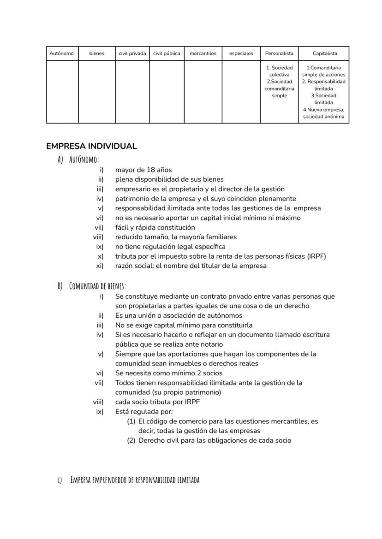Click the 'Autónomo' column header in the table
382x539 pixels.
[61, 53]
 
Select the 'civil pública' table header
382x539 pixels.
[167, 53]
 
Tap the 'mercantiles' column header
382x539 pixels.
[203, 53]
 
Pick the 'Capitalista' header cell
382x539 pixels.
[324, 53]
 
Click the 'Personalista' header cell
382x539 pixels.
[279, 53]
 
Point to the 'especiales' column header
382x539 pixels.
[241, 53]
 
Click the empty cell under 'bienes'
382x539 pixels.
[97, 92]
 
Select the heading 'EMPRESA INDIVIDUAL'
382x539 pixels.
[91, 146]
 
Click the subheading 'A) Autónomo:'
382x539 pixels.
[78, 159]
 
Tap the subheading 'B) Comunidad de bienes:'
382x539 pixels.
[92, 286]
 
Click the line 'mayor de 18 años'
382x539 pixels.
[143, 170]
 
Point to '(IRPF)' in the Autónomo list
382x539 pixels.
[316, 256]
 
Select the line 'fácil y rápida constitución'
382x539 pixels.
[155, 227]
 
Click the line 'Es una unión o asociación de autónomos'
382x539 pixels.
[179, 315]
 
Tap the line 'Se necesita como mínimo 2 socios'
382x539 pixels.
[168, 373]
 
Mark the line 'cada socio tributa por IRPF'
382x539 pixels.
[157, 402]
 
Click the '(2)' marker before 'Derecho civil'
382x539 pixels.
[131, 440]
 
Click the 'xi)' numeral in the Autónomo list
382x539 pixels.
[100, 266]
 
